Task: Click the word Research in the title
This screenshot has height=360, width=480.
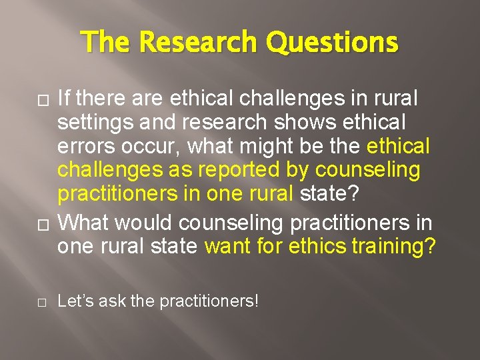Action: click(x=197, y=43)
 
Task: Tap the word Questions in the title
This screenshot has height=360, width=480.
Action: click(x=331, y=43)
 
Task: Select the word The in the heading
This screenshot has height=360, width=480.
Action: click(x=107, y=43)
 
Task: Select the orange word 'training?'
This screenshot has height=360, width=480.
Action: click(x=393, y=246)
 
